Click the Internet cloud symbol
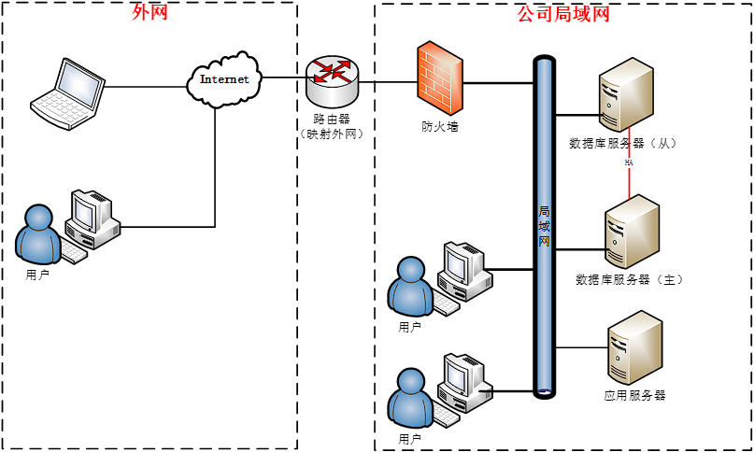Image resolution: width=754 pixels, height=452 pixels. coord(224,78)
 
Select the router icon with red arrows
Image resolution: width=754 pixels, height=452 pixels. coord(331,81)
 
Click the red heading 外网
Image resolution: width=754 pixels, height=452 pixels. coord(150,13)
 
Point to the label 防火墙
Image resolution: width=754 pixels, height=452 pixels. coord(439,126)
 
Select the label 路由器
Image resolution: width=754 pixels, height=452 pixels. coord(332,120)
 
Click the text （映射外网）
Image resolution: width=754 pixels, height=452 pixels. coord(332,134)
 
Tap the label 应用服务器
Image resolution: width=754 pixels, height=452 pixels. coord(634,396)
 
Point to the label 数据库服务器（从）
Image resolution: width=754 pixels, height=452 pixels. coord(621,144)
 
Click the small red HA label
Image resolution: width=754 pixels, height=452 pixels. coord(629,162)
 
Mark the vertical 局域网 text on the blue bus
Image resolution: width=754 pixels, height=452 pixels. coord(544,227)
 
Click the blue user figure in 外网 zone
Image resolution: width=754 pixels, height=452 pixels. coord(38,233)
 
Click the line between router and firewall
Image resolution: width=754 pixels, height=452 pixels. coord(387,82)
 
